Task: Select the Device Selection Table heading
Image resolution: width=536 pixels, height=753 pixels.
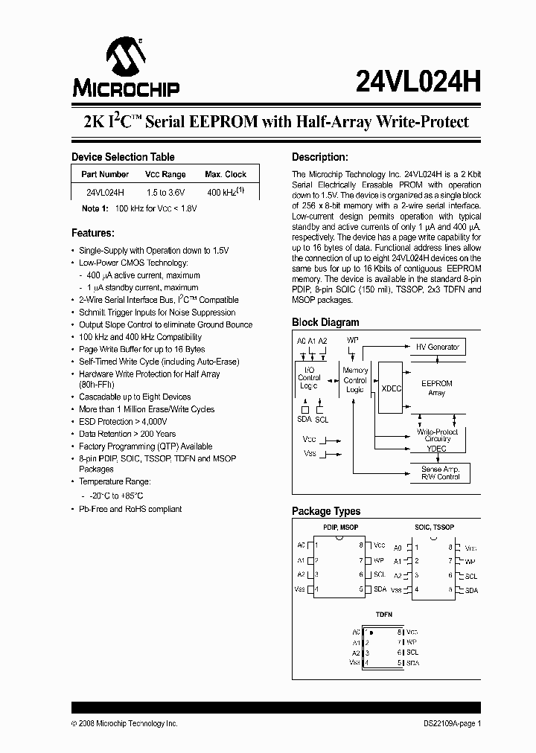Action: point(123,157)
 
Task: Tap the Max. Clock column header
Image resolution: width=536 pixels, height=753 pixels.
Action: point(226,174)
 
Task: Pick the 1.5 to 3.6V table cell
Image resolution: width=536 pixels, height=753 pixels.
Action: point(165,192)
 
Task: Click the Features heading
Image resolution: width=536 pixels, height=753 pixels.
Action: point(92,233)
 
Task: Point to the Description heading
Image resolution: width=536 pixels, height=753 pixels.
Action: point(319,157)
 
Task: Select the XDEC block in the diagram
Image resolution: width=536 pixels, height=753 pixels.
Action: point(390,388)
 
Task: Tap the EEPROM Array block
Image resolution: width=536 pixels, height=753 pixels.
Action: point(437,388)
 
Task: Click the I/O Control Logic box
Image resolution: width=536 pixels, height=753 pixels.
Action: point(309,377)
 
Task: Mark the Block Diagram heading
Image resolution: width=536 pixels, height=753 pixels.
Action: point(325,322)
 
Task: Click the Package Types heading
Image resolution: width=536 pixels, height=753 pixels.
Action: point(325,511)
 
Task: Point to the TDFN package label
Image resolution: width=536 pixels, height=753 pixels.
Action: point(383,615)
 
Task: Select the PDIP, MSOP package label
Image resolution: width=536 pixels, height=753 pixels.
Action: point(340,528)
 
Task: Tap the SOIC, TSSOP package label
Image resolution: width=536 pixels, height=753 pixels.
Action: point(435,528)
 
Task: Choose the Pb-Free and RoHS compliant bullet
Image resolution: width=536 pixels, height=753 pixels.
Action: point(130,509)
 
